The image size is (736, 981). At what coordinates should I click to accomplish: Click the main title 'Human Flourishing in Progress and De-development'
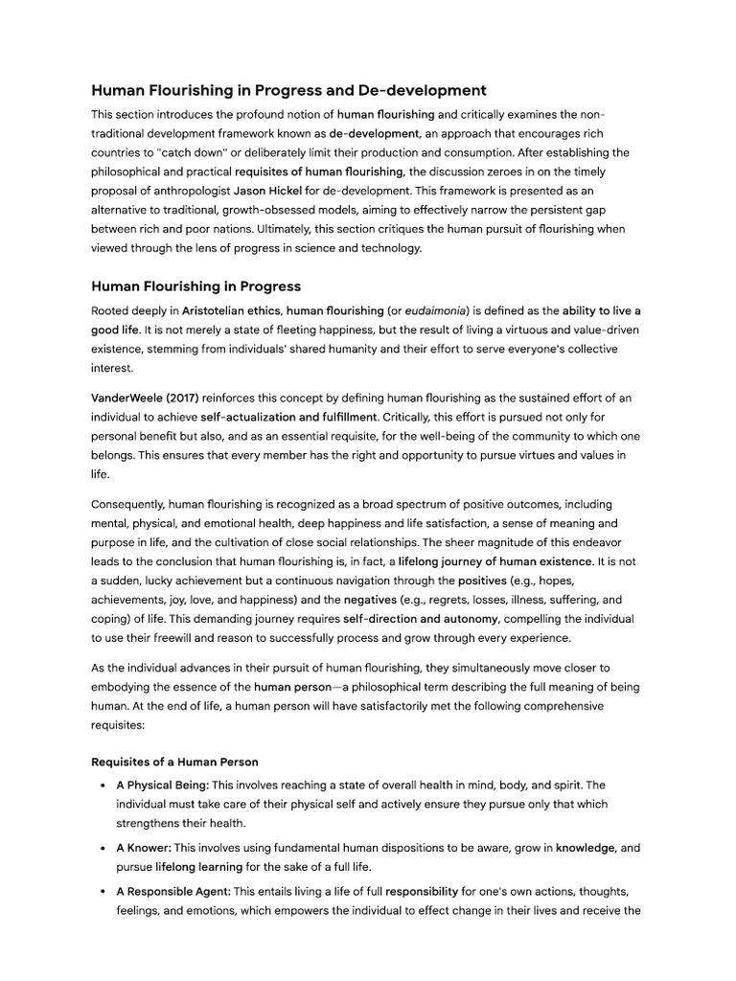[288, 90]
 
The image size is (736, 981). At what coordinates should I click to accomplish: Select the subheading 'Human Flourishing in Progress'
[195, 285]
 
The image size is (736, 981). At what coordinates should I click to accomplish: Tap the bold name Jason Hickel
[268, 191]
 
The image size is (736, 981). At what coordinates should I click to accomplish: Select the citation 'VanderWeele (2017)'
[145, 397]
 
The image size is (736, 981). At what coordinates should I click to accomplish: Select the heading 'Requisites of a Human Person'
[174, 762]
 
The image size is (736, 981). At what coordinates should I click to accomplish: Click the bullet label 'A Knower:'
[143, 848]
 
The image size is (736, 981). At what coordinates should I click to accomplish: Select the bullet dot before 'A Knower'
[103, 849]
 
